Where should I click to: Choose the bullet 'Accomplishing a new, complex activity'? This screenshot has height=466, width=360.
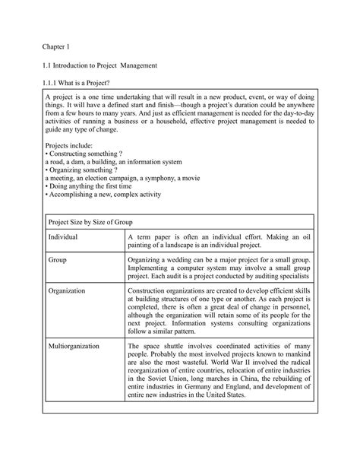104,195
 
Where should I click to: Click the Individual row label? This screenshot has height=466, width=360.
63,238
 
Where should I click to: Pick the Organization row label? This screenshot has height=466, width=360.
67,290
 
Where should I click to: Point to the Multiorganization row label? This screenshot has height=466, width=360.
74,346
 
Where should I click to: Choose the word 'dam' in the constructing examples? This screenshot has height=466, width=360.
76,161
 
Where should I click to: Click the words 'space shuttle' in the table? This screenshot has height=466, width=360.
163,346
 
